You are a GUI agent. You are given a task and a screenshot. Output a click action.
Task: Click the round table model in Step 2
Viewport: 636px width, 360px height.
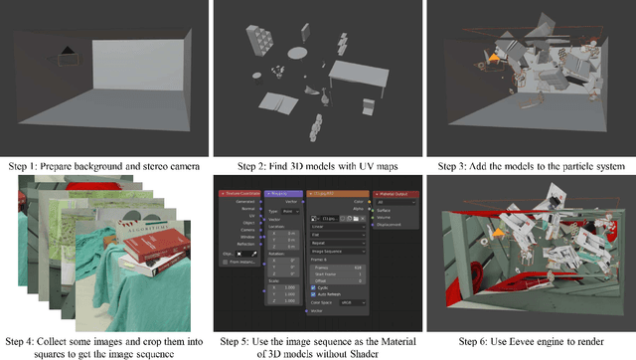[x=298, y=52]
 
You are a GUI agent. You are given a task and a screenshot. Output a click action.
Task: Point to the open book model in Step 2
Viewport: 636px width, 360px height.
[x=281, y=108]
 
